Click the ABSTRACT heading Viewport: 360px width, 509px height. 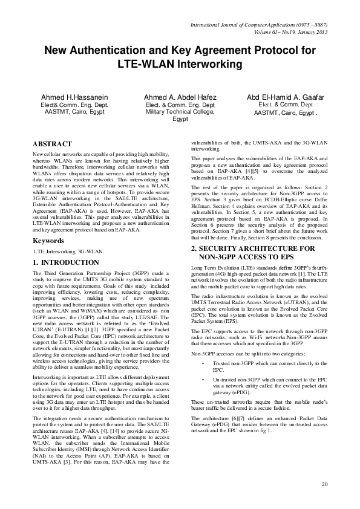51,144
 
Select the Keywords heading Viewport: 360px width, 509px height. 48,241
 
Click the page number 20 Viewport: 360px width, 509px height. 325,484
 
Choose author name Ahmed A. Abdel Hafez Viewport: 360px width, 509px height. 180,97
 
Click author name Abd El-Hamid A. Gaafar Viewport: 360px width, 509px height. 286,97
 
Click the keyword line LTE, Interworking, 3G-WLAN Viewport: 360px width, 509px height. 69,251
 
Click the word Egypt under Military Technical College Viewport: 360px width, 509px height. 180,119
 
